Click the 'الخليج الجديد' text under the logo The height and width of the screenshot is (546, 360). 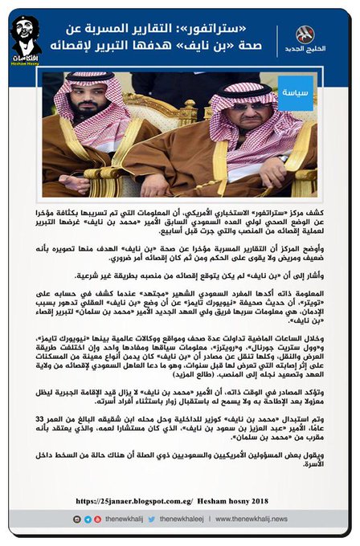pyautogui.click(x=307, y=50)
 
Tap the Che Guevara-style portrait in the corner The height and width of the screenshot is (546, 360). pyautogui.click(x=27, y=35)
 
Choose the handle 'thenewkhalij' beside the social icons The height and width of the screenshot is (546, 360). pyautogui.click(x=93, y=520)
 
